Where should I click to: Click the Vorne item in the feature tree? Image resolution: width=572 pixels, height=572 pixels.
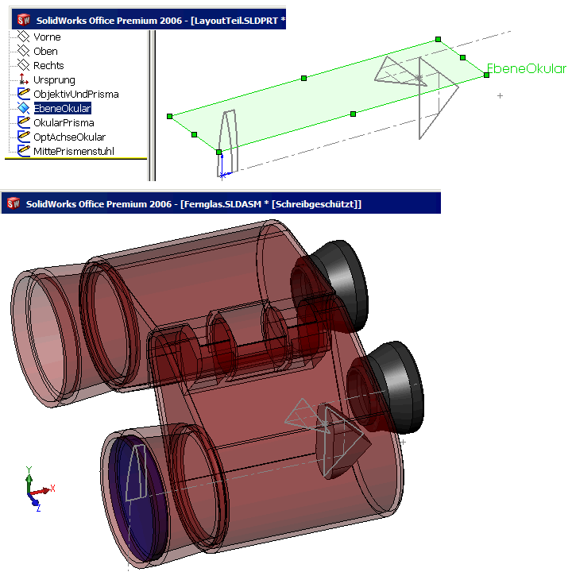(x=47, y=37)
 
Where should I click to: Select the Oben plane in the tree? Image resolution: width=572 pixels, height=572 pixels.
(x=45, y=51)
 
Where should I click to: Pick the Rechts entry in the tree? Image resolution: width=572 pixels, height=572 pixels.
(x=48, y=65)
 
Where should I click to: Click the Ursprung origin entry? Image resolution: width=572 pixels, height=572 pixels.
(x=54, y=80)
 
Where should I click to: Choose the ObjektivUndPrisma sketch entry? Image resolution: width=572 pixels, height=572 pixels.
(x=76, y=94)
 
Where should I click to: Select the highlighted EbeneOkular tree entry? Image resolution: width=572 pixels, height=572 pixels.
(x=63, y=108)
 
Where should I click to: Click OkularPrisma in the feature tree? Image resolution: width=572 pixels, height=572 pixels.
(x=64, y=122)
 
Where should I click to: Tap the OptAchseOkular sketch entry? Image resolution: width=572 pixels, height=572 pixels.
(x=69, y=137)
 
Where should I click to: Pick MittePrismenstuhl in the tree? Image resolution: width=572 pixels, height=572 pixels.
(x=74, y=151)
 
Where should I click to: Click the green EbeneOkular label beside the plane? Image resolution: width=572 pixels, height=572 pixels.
(x=527, y=68)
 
